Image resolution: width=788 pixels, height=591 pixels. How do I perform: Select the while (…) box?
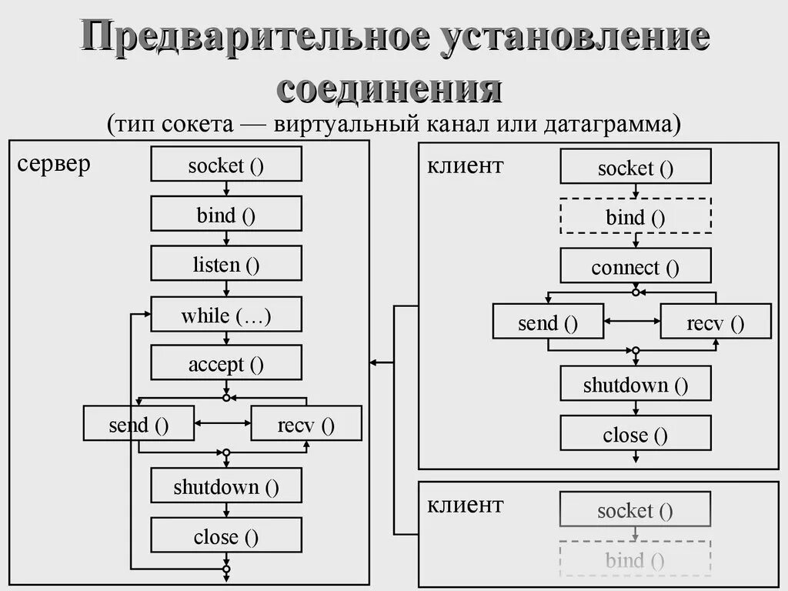click(226, 315)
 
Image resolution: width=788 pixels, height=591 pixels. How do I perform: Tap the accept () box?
click(226, 364)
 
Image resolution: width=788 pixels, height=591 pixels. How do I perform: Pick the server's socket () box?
click(226, 165)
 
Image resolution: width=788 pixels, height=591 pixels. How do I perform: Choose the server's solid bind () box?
click(226, 215)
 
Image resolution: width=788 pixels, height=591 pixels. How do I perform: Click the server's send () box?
click(139, 425)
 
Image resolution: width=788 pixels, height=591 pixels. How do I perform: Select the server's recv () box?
click(306, 425)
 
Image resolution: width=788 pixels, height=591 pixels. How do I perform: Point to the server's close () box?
click(226, 536)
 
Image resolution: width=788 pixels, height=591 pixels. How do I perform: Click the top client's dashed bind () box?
click(636, 216)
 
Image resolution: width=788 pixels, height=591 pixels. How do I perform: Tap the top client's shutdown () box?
click(636, 384)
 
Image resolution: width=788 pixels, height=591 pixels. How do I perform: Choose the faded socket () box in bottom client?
click(636, 509)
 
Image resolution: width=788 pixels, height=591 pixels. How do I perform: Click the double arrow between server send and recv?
click(223, 422)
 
